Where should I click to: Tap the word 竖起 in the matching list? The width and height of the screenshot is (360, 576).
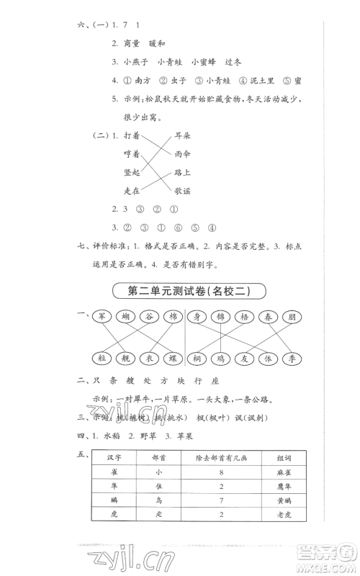(x=131, y=172)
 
